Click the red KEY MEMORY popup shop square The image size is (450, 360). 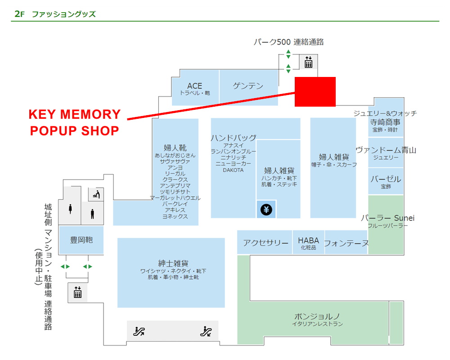tap(315, 92)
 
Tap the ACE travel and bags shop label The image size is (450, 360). tap(195, 86)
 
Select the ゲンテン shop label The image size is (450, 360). tap(248, 85)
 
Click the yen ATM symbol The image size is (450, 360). tap(266, 210)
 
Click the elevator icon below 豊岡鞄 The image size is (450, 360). tap(78, 292)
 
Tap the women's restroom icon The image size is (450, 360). tap(71, 210)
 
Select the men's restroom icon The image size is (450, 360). tap(92, 213)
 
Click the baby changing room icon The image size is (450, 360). tap(96, 194)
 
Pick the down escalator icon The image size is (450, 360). tap(206, 332)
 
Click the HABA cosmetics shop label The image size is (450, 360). tap(308, 240)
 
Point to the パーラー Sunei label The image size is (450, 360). tap(387, 218)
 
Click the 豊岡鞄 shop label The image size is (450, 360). tap(81, 240)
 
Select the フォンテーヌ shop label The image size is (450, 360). tap(346, 243)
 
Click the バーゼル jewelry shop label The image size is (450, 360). tap(386, 179)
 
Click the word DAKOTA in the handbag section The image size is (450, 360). tap(233, 170)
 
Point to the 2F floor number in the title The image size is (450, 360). tap(18, 14)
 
